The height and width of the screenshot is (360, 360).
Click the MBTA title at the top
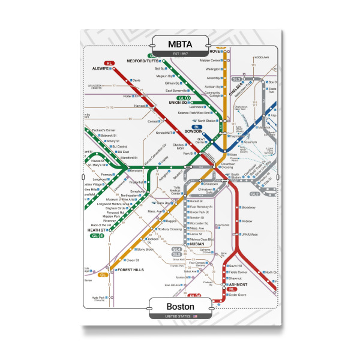180,44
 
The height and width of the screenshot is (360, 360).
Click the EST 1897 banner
180,55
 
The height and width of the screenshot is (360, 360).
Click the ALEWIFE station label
100,69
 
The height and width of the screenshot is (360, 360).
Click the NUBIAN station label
197,244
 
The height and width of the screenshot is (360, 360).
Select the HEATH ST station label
96,230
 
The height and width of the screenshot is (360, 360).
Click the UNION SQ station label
172,103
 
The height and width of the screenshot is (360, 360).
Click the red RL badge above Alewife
109,63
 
